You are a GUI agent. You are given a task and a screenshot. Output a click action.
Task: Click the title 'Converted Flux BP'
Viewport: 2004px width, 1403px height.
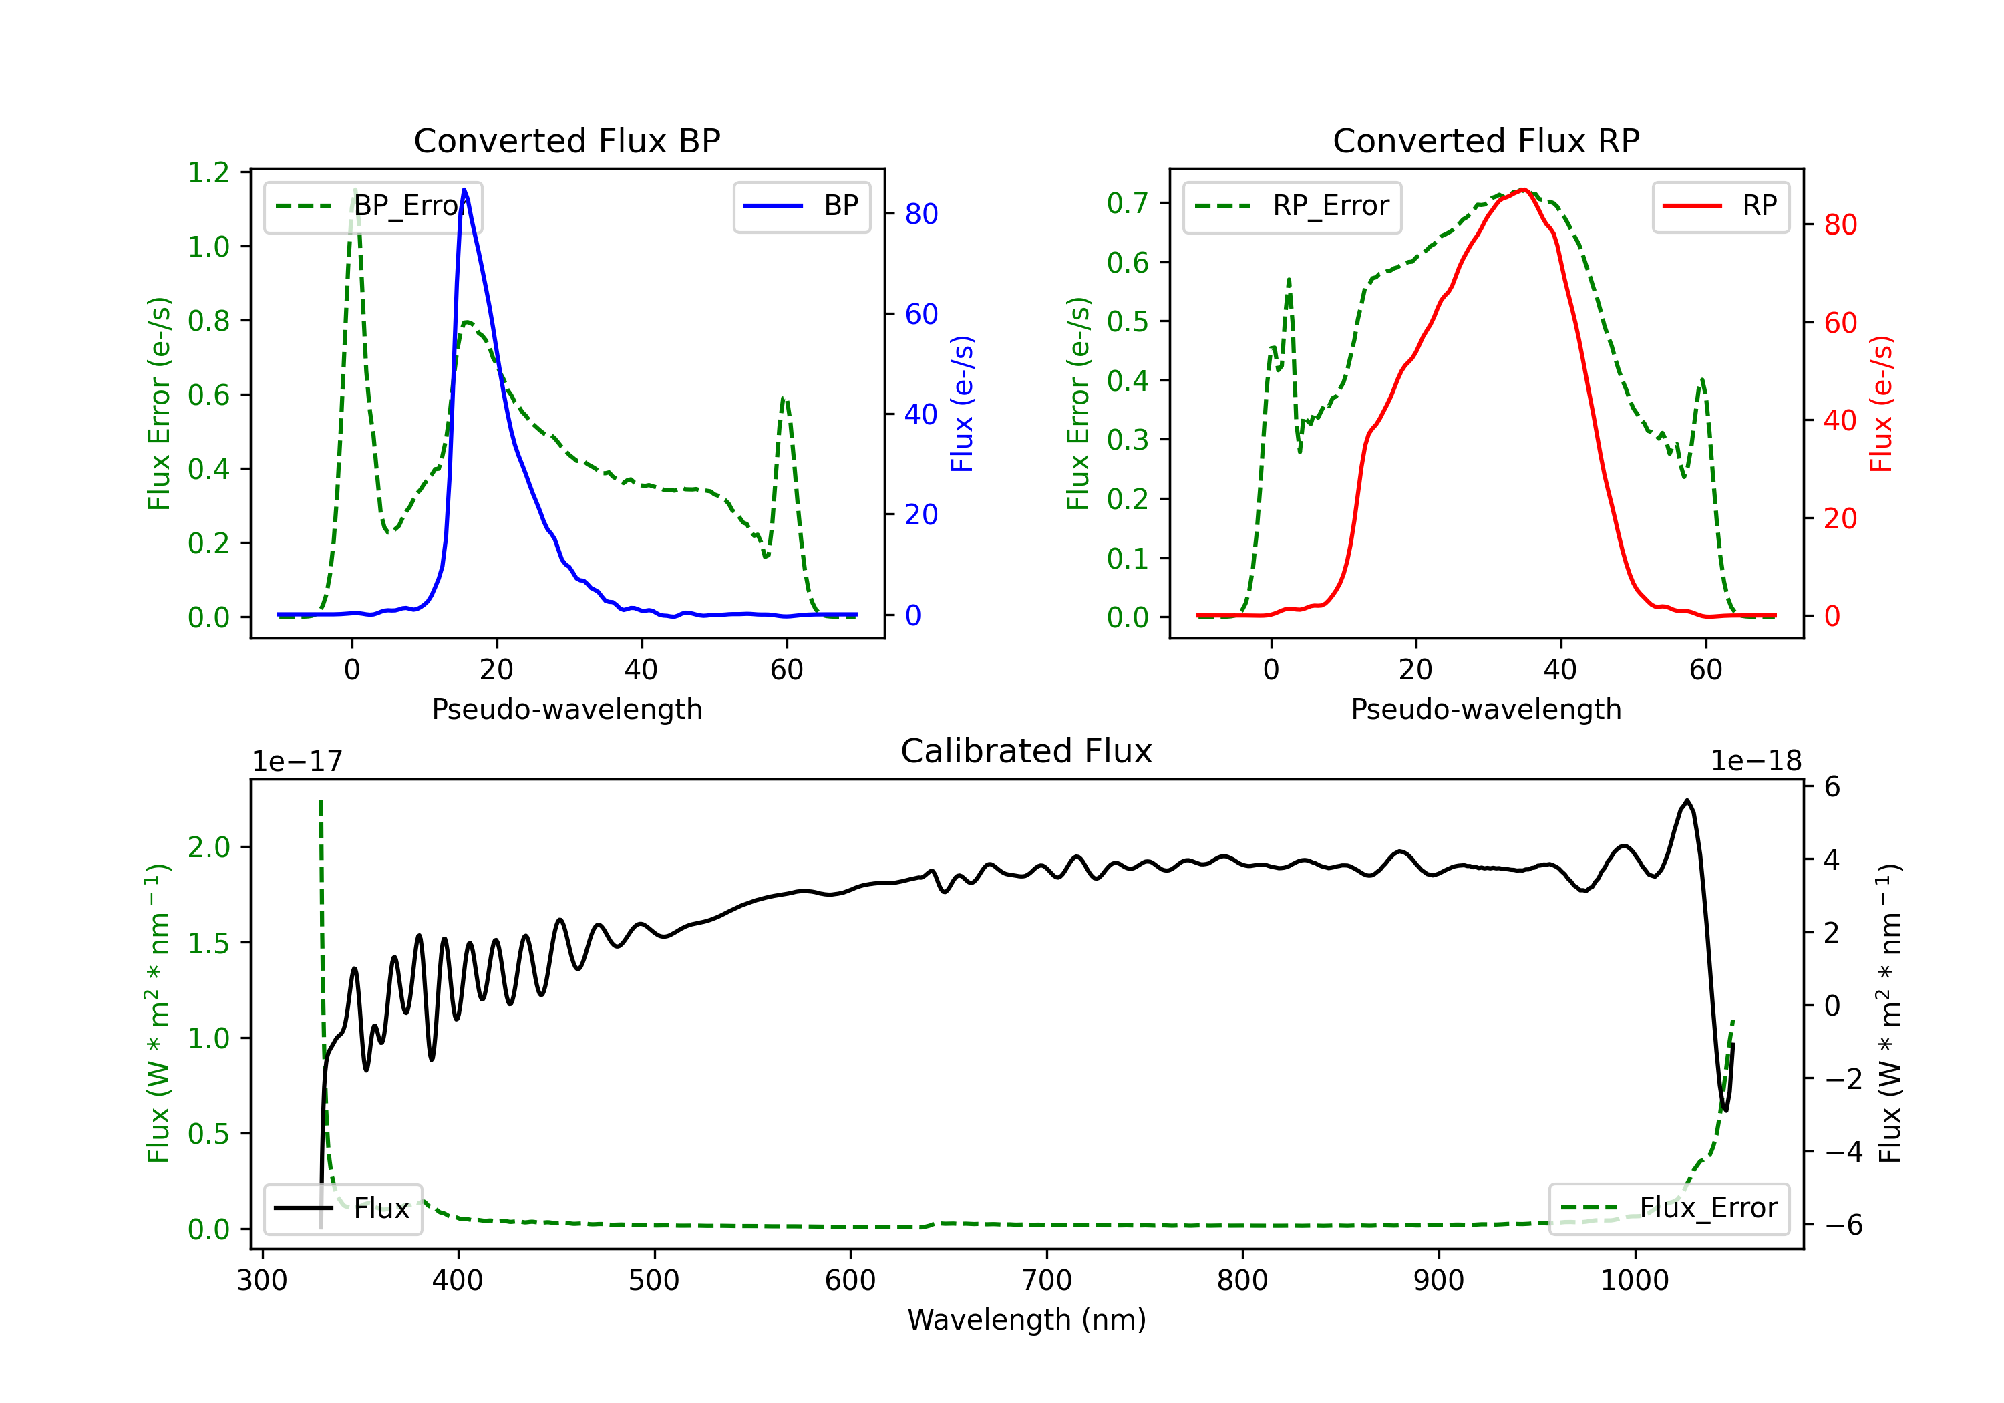coord(566,140)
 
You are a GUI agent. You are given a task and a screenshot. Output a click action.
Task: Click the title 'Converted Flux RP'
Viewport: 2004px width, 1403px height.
coord(1486,140)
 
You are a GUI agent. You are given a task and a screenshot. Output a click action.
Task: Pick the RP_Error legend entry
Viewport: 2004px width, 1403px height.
coord(1292,206)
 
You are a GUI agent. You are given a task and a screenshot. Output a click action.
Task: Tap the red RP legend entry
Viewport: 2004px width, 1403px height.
coord(1720,206)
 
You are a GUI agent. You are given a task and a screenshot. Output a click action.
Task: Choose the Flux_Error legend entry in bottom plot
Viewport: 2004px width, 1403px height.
coord(1669,1209)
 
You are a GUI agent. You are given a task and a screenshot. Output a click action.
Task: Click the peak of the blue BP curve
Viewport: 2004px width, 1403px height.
coord(464,190)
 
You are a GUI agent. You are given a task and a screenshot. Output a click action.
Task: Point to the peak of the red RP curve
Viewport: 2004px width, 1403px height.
coord(1522,190)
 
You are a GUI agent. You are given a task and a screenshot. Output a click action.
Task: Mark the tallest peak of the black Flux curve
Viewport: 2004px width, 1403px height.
coord(1687,800)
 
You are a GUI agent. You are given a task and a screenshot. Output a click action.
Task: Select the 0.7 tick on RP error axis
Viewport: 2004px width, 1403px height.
coord(1128,203)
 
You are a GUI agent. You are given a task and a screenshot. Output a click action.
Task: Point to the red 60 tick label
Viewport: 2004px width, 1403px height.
coord(1841,323)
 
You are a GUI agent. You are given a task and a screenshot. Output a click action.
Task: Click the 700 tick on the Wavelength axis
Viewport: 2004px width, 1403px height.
coord(1047,1281)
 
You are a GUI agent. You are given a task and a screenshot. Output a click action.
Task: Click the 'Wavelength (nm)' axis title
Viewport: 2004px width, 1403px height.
coord(1027,1319)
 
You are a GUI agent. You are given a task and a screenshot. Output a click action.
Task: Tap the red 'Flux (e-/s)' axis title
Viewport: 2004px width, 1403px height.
coord(1882,404)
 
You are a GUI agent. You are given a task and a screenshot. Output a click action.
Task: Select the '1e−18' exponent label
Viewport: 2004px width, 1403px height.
coord(1756,762)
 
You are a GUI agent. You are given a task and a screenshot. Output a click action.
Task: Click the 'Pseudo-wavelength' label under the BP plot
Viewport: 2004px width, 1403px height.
coord(566,709)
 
